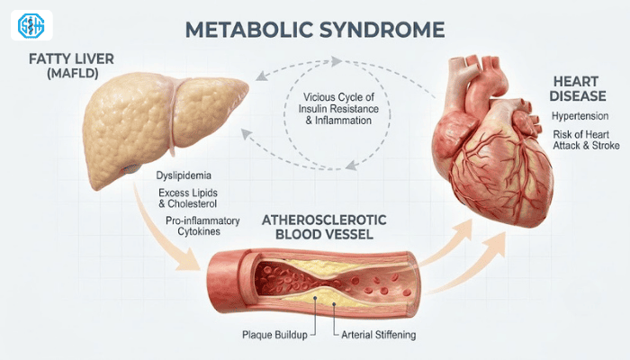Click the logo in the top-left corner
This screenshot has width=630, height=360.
31,25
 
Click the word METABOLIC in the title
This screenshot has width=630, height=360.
248,30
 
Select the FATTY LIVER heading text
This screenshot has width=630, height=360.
71,59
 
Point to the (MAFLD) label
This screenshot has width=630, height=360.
72,74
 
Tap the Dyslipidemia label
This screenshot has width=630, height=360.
184,175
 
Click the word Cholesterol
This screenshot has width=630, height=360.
192,203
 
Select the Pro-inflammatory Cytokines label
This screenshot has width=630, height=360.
202,226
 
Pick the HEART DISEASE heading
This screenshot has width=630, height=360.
578,89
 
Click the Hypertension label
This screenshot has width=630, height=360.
580,116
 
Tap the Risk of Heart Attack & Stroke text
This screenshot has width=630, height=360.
586,139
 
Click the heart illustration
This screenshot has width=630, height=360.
492,145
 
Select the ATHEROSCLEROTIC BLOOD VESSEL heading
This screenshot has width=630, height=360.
324,227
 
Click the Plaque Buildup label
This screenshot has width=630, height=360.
274,335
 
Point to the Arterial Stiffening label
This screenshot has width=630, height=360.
379,335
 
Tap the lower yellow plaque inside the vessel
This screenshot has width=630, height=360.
321,296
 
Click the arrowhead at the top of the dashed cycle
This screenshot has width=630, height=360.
337,61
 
